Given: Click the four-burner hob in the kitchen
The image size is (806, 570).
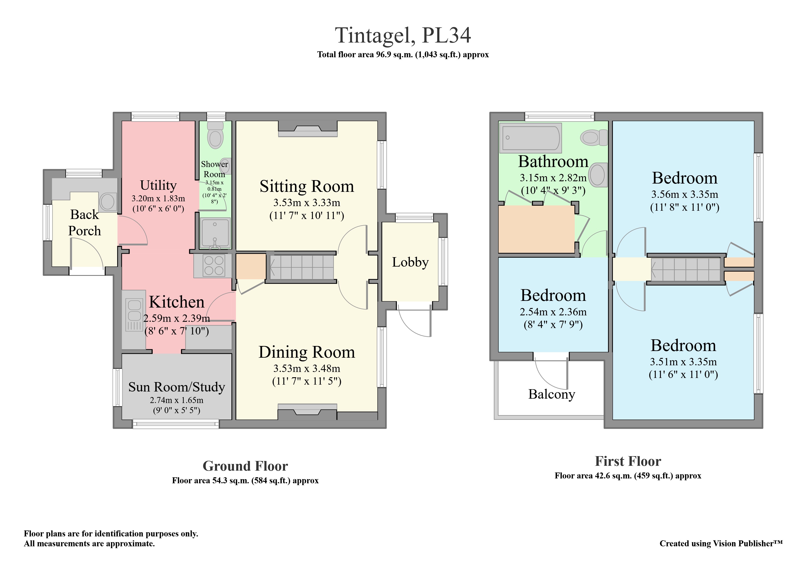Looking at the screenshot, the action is point(214,265).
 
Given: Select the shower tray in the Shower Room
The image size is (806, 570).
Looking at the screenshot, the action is point(215,233).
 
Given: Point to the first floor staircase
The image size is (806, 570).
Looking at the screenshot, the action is point(685,269).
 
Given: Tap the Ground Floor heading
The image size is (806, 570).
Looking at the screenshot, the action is point(245,466).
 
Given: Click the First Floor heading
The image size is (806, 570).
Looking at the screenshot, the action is point(628,461).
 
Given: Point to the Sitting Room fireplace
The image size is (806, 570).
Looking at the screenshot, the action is point(308,129).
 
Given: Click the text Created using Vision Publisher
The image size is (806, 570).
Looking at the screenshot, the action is point(721,543).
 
